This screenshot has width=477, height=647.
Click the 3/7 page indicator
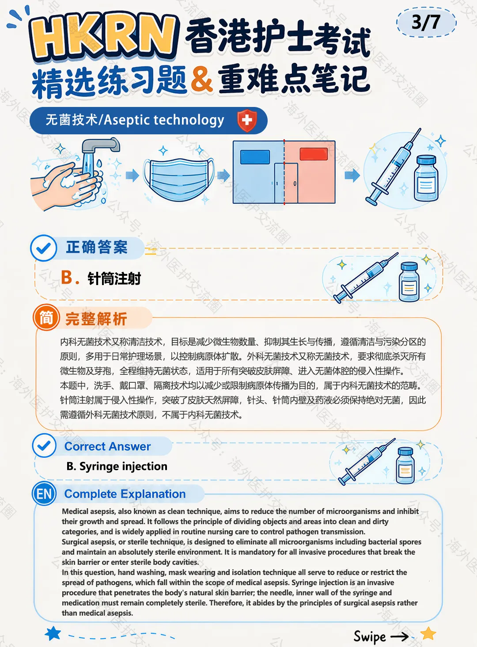click(426, 22)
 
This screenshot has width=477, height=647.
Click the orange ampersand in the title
click(202, 79)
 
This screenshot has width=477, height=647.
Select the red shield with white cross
click(247, 121)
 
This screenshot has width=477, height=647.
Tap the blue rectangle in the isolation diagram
click(255, 157)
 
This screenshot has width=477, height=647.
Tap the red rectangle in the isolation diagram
click(314, 154)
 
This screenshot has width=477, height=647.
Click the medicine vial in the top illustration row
click(426, 178)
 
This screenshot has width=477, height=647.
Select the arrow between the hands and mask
click(132, 175)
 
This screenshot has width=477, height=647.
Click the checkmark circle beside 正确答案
click(44, 248)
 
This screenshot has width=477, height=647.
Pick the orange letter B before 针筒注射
click(67, 278)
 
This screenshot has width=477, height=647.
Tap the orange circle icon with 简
click(46, 317)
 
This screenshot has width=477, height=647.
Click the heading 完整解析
click(96, 319)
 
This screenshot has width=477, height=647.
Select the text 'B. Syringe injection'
click(117, 467)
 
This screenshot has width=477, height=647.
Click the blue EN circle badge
click(44, 494)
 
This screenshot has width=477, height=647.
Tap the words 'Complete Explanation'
click(125, 494)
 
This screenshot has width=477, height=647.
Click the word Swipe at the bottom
click(370, 636)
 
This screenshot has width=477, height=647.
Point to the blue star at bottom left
click(53, 633)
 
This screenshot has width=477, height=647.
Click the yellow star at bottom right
click(428, 633)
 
